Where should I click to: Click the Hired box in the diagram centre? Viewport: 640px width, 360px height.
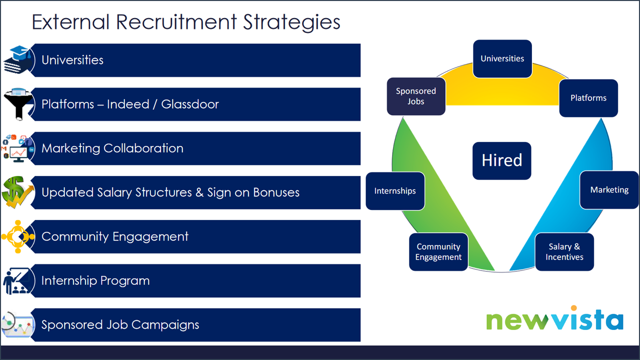coord(501,160)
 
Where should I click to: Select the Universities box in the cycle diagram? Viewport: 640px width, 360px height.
coord(502,58)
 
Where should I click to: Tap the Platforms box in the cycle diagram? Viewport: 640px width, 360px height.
coord(588,98)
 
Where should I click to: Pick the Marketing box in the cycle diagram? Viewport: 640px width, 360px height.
coord(609,190)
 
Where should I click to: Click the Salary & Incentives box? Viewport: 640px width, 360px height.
coord(564,252)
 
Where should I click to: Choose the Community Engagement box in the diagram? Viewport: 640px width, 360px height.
coord(438,252)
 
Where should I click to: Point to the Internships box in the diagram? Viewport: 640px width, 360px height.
coord(395,191)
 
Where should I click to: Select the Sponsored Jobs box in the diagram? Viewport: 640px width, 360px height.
coord(416,96)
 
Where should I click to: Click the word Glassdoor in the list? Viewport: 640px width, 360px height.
coord(190,104)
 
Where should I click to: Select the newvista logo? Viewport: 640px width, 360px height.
coord(554,319)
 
